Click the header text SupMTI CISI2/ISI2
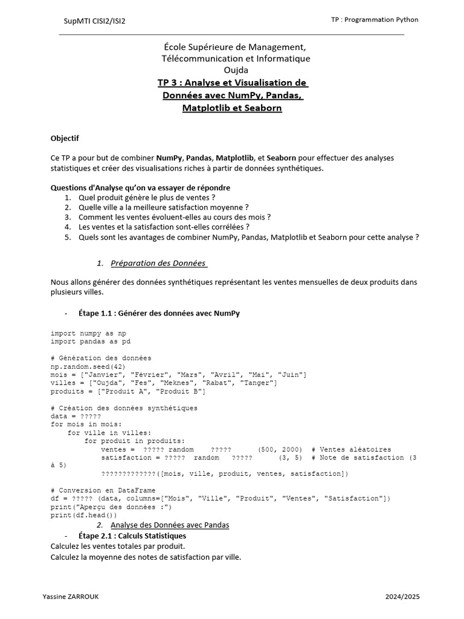(95, 21)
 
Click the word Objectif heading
(65, 138)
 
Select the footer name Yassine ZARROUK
(71, 597)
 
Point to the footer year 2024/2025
(402, 597)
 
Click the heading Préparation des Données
(159, 263)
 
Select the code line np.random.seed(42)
(88, 366)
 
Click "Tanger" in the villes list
(258, 383)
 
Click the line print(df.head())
(84, 516)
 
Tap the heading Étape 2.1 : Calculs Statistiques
(132, 536)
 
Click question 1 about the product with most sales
(147, 197)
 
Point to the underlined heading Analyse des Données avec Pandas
(170, 525)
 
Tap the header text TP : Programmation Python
(375, 19)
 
